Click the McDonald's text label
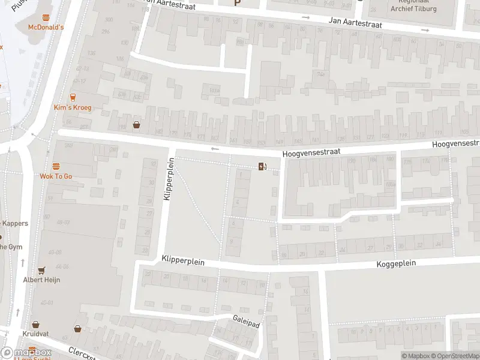[46, 27]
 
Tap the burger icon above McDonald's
[46, 18]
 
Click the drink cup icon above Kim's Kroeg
[73, 97]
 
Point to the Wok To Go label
[56, 176]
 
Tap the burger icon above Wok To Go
[56, 166]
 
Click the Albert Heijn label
[41, 280]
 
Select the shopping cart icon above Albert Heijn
[41, 271]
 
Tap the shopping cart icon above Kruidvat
[35, 323]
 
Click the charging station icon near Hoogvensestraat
[262, 166]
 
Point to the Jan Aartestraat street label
[356, 21]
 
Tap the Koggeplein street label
[396, 263]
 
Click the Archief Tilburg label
[413, 8]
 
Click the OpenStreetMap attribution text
[454, 356]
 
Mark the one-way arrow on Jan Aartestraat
[305, 17]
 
